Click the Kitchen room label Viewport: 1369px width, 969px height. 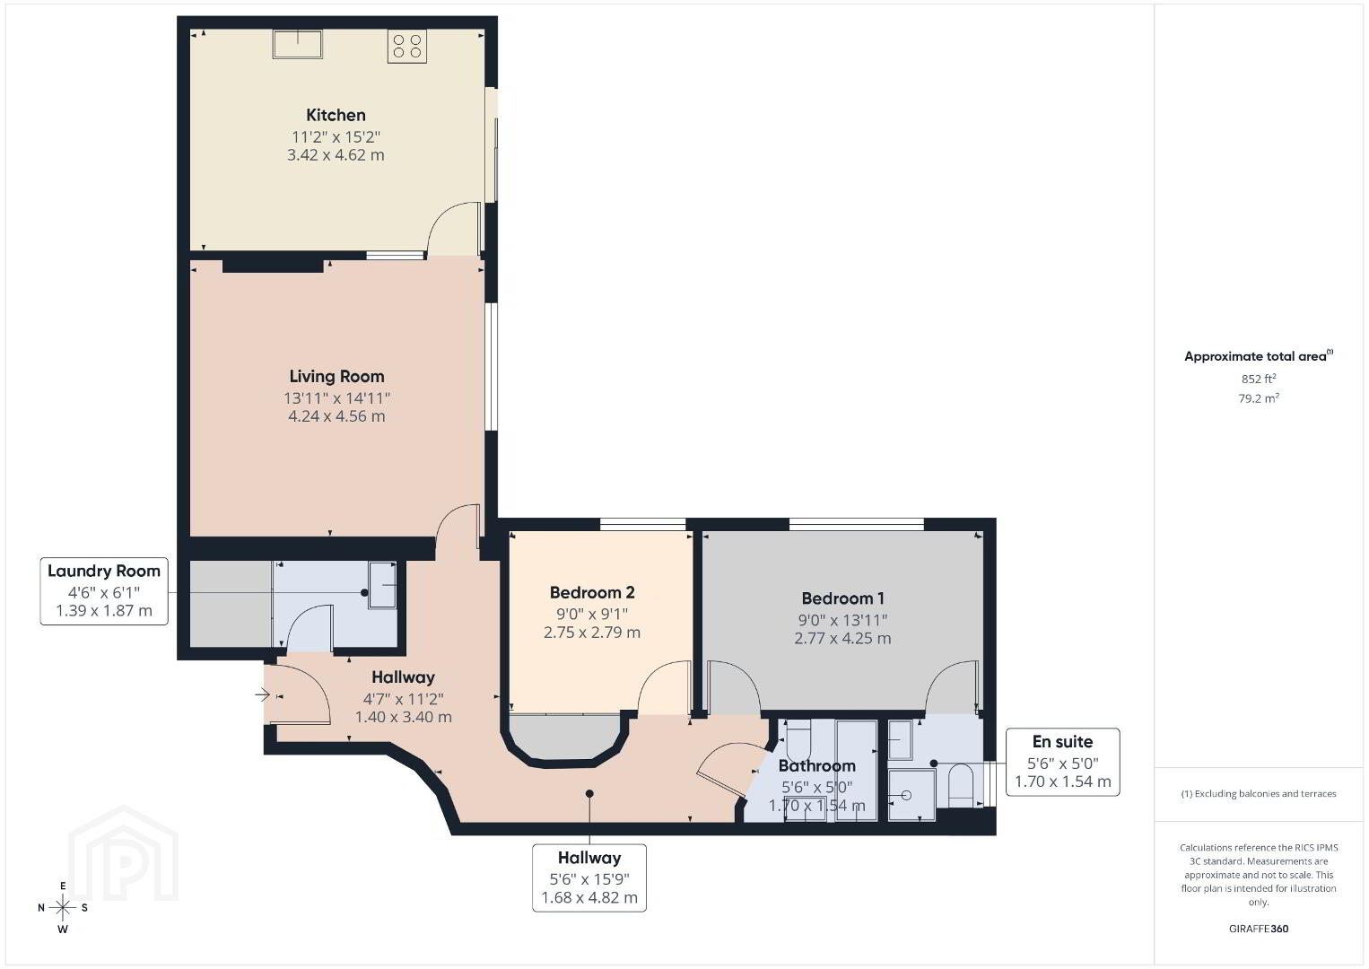pos(336,115)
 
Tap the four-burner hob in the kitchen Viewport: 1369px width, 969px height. pos(407,47)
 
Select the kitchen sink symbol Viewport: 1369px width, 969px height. pos(298,44)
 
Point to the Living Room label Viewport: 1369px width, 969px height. pos(336,376)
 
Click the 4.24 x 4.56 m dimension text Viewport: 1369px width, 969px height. pos(336,416)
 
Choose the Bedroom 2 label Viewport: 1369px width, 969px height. pos(592,592)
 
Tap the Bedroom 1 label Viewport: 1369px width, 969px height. pos(842,598)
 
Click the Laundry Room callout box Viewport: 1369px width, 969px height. pos(104,591)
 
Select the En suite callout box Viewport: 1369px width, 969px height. pos(1063,762)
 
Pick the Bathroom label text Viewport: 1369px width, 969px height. pos(816,765)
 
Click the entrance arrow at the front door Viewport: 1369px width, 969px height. pos(263,694)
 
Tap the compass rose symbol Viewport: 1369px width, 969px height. pos(63,907)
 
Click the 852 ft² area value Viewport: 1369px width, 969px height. pos(1259,379)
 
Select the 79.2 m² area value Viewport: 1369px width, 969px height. pos(1259,398)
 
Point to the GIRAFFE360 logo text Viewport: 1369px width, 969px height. pos(1259,929)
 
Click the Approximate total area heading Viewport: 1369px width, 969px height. pos(1259,356)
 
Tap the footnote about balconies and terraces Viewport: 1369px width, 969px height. pos(1259,793)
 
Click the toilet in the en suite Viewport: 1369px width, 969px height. pos(960,785)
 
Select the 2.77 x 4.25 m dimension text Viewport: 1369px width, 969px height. pos(842,638)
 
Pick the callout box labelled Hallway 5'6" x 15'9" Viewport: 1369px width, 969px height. pos(589,877)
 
